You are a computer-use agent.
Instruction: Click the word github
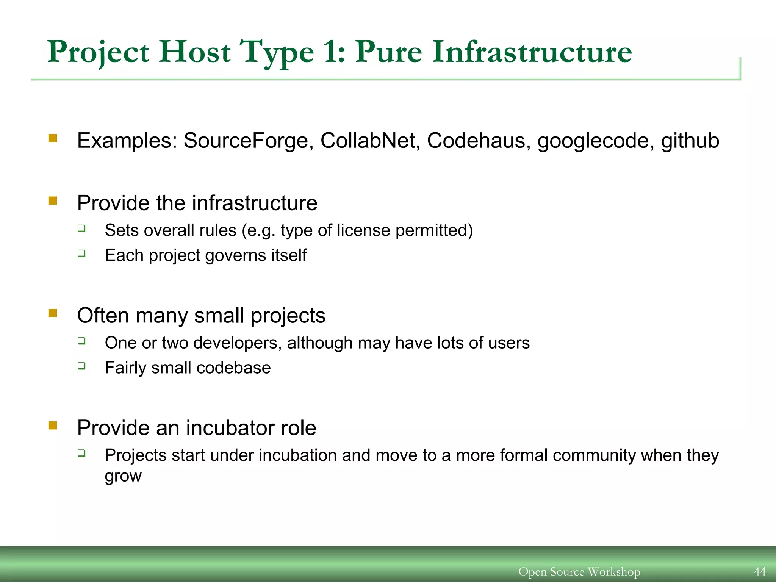click(x=690, y=141)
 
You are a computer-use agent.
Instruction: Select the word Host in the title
click(x=195, y=52)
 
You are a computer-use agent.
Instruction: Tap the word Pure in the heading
click(x=388, y=52)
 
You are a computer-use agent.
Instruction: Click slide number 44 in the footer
click(x=760, y=571)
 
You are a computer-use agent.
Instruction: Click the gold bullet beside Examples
click(x=53, y=138)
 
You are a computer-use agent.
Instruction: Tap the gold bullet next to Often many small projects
click(x=53, y=313)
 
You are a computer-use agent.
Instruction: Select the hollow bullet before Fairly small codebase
click(x=81, y=366)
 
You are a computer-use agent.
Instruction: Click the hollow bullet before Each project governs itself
click(x=81, y=253)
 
